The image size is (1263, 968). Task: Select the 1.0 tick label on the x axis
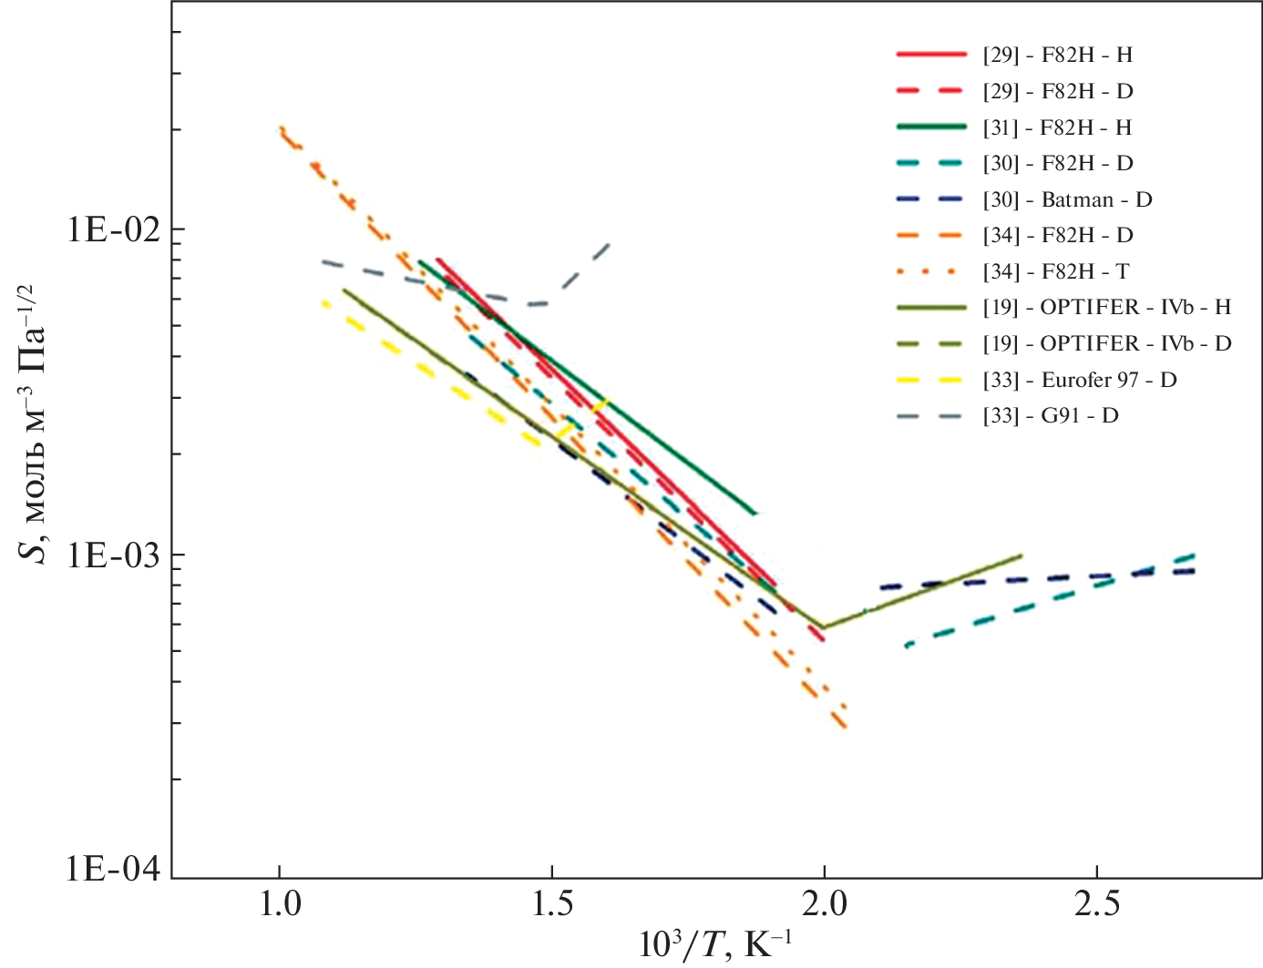point(279,904)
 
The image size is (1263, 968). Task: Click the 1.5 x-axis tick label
point(551,904)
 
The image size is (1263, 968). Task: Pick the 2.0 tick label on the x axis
point(824,904)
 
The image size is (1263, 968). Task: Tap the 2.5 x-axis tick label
point(1096,904)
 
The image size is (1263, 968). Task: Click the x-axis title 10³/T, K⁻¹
point(715,946)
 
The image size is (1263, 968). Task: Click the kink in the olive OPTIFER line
point(823,627)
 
